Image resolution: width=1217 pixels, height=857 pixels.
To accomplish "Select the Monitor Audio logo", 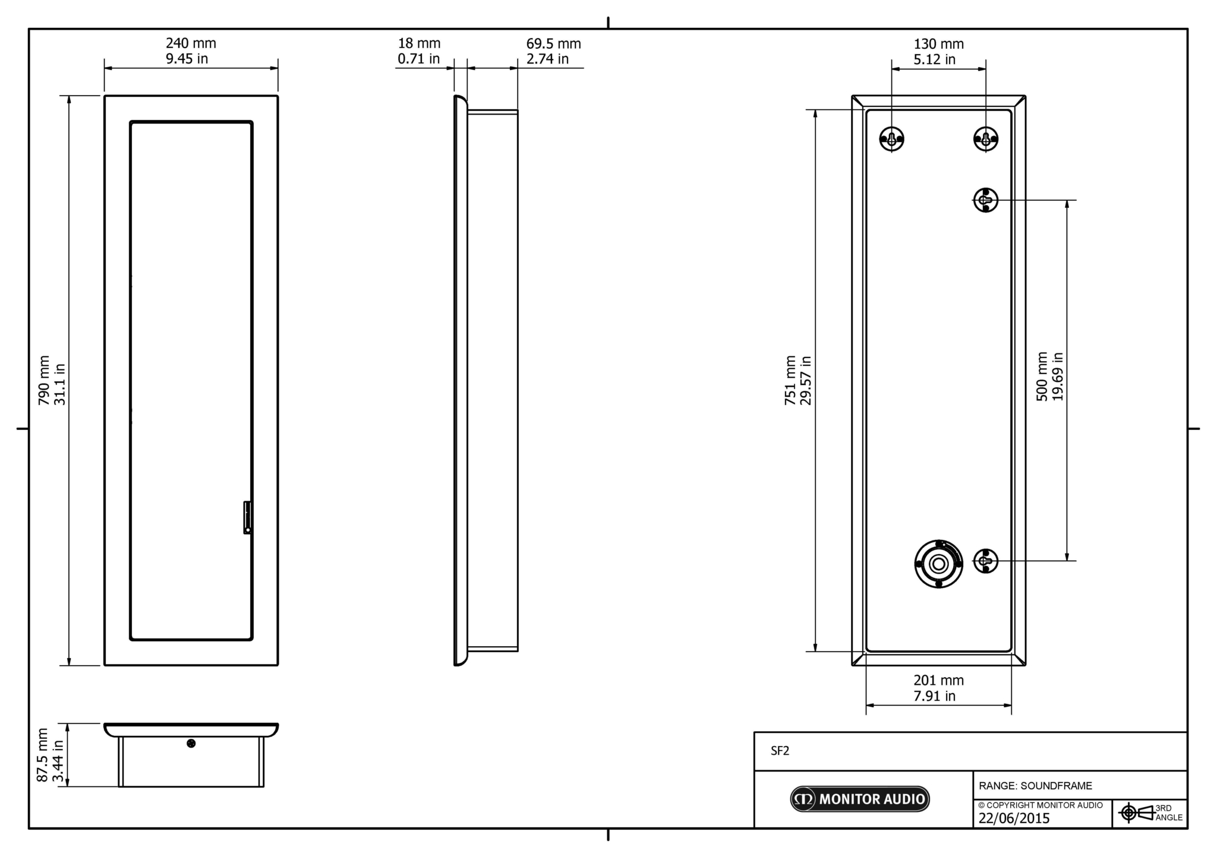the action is click(x=859, y=799).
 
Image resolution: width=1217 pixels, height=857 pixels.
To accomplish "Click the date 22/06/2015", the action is click(x=1014, y=818).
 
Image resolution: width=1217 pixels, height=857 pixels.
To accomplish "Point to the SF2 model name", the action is click(x=780, y=751).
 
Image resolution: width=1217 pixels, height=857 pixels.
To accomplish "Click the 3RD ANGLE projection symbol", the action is click(x=1150, y=812).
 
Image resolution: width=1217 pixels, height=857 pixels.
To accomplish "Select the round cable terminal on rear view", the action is click(x=938, y=564).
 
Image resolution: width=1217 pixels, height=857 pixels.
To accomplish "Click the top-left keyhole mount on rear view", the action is click(x=891, y=139).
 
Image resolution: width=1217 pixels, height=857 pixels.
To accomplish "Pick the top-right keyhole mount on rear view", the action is click(x=986, y=139).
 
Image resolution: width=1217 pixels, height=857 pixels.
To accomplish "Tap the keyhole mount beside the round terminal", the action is click(x=986, y=561).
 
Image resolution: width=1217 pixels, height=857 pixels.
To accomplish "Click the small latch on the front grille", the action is click(x=247, y=517).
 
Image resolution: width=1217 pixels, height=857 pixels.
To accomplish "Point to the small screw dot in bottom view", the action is click(x=191, y=744).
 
